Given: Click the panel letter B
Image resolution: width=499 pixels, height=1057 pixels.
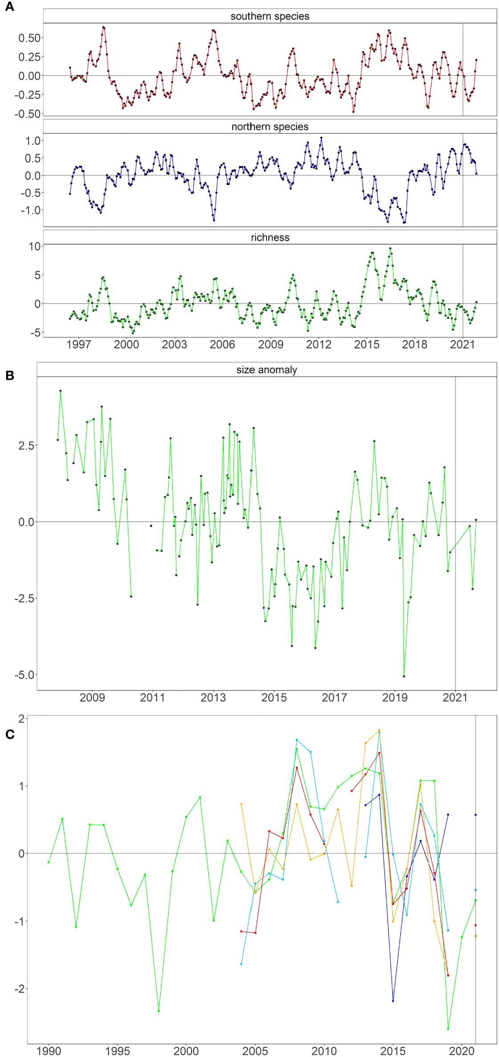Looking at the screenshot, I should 9,375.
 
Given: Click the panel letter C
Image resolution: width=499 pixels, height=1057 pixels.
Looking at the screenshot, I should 9,734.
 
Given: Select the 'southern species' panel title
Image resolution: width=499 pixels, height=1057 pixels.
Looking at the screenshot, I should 270,16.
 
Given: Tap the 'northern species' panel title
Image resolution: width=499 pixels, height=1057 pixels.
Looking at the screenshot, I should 270,127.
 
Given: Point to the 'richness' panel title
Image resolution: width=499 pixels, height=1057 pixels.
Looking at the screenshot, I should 270,237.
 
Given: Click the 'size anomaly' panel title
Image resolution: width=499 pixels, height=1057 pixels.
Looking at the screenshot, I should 267,370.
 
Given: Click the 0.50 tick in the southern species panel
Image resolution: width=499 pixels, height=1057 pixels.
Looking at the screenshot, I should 29,38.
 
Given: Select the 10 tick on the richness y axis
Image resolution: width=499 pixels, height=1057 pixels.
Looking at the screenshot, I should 35,246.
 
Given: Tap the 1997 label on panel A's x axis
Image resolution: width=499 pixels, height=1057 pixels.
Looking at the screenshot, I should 78,344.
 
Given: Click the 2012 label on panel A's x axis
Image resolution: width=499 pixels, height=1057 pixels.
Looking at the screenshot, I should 318,344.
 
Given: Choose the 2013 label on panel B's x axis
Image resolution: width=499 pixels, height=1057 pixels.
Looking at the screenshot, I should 213,698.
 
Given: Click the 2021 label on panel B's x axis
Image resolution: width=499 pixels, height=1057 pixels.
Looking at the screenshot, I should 455,698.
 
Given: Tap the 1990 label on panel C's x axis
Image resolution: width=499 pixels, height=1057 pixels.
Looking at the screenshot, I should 49,1051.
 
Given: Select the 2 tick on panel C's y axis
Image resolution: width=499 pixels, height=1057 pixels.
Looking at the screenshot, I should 21,718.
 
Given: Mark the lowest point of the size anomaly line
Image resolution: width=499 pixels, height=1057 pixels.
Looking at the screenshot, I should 404,676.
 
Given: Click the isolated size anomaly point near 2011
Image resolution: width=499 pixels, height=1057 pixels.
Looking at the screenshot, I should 151,526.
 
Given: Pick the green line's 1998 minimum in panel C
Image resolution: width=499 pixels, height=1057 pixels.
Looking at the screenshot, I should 158,1011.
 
